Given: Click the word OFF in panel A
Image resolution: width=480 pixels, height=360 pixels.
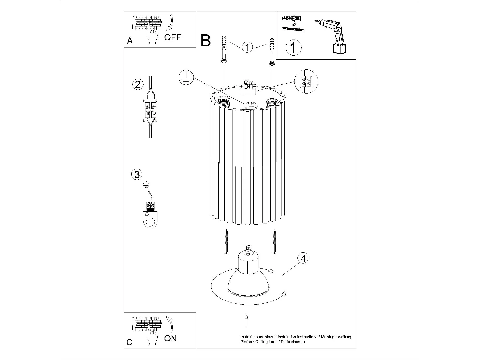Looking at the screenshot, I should point(172,37).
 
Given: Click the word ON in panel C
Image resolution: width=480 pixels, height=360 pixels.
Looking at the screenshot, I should point(170,338).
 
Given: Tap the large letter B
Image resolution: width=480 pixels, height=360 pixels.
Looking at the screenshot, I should point(205,41).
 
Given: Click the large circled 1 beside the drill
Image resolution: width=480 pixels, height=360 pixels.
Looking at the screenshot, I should point(293,47).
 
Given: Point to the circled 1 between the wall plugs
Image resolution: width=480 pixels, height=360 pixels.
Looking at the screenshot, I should point(247,47).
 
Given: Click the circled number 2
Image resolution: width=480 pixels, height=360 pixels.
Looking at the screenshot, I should point(138,84).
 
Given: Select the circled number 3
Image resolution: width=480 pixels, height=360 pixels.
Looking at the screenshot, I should point(137,174).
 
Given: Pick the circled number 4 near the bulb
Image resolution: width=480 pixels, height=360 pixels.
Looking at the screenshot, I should point(303,258).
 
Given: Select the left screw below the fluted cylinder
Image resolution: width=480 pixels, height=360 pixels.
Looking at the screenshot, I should point(227,242).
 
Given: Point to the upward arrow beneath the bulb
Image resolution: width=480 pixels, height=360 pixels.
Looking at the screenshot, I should point(247,320).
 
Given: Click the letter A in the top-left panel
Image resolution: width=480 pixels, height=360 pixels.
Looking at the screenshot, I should point(130,41).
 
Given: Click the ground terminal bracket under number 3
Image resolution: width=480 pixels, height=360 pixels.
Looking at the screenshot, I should point(150,216).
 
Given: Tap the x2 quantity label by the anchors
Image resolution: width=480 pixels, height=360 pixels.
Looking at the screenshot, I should point(294,24).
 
